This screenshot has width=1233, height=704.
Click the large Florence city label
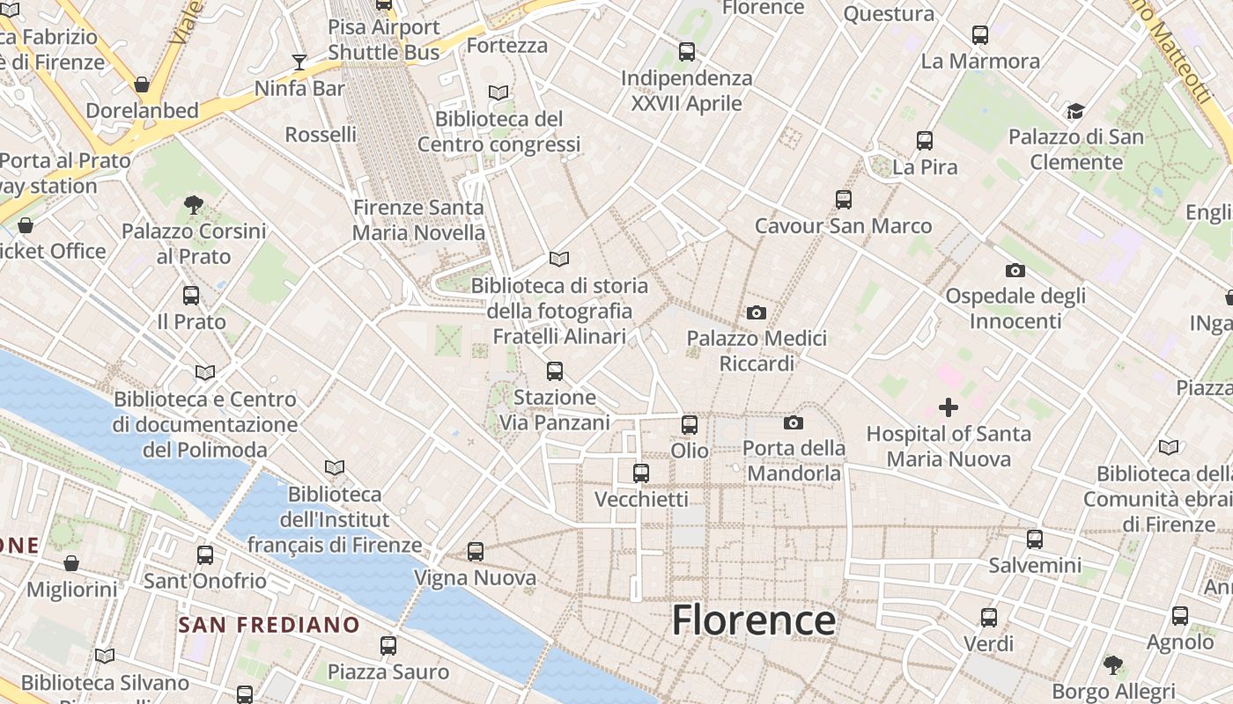pyautogui.click(x=753, y=620)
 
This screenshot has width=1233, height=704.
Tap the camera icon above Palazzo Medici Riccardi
pyautogui.click(x=756, y=312)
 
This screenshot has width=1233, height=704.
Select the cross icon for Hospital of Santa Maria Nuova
pyautogui.click(x=949, y=407)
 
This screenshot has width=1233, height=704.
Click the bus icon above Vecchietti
pyautogui.click(x=641, y=473)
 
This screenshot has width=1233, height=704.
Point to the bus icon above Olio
pyautogui.click(x=690, y=425)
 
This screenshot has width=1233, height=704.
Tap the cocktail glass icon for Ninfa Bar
pyautogui.click(x=299, y=62)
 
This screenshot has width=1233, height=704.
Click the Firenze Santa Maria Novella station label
pyautogui.click(x=418, y=220)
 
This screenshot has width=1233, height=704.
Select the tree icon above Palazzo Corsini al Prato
pyautogui.click(x=194, y=205)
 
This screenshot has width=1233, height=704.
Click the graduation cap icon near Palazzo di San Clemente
pyautogui.click(x=1075, y=111)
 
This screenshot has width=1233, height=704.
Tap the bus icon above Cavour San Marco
pyautogui.click(x=844, y=200)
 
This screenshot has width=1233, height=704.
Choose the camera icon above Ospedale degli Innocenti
pyautogui.click(x=1015, y=270)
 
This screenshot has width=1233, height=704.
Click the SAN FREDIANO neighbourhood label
pyautogui.click(x=269, y=626)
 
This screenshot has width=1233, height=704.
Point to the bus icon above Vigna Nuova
pyautogui.click(x=476, y=552)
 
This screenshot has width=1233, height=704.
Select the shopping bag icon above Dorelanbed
pyautogui.click(x=142, y=84)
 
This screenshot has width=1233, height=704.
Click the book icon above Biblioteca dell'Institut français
pyautogui.click(x=334, y=467)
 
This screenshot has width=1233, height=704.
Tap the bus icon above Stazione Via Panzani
pyautogui.click(x=555, y=371)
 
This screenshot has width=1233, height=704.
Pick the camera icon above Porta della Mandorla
pyautogui.click(x=794, y=422)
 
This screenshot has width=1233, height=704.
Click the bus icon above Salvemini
pyautogui.click(x=1035, y=539)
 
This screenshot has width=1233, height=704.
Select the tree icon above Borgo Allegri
pyautogui.click(x=1113, y=664)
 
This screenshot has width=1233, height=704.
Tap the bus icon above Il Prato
pyautogui.click(x=191, y=296)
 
